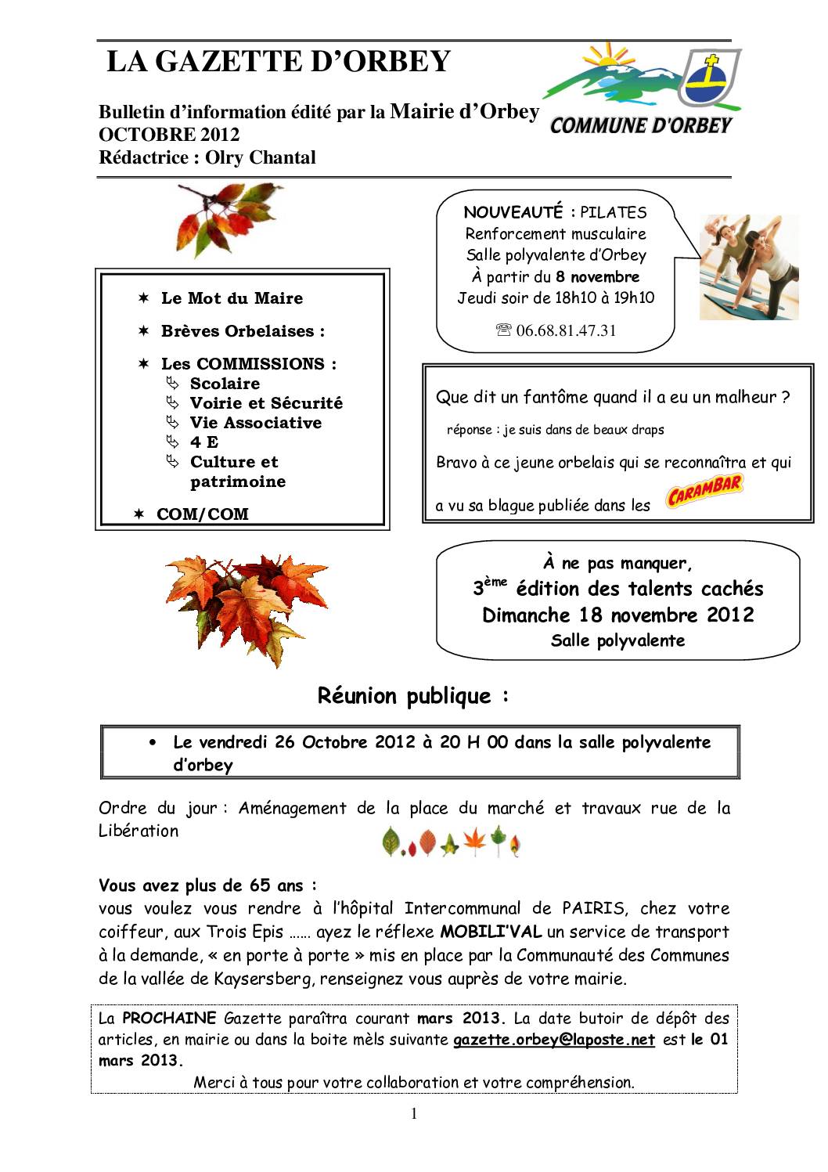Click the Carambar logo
click(x=704, y=492)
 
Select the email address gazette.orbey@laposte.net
click(x=554, y=1040)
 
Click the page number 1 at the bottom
click(x=414, y=1114)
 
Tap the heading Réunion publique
click(x=413, y=695)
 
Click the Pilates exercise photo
click(x=749, y=267)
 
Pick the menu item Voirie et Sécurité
click(x=266, y=403)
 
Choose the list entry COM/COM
click(x=203, y=514)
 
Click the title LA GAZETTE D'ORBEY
click(x=278, y=61)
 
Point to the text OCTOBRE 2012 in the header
click(x=169, y=135)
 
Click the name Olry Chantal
click(x=261, y=157)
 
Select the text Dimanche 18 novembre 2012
click(x=617, y=615)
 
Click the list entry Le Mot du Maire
click(x=232, y=298)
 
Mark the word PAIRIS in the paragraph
click(x=594, y=908)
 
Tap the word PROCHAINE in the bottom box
click(x=169, y=1018)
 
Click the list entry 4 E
click(x=204, y=442)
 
